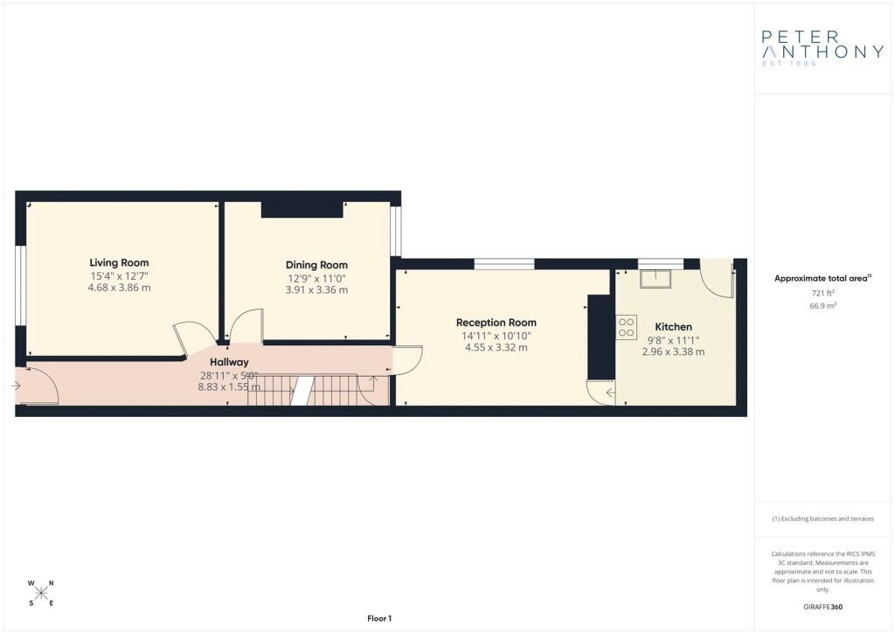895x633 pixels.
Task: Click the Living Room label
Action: coord(119,262)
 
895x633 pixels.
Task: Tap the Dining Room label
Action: coord(316,265)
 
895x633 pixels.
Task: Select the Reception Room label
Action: coord(496,323)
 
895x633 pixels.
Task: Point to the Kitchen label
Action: coord(674,327)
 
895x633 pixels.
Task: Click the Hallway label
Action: coord(229,362)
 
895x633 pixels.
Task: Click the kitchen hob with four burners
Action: coord(626,328)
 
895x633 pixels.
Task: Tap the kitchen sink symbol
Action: coord(656,279)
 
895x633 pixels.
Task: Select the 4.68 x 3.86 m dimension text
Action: coord(119,288)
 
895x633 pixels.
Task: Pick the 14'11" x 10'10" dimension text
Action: coord(496,337)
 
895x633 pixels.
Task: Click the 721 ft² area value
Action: coord(822,294)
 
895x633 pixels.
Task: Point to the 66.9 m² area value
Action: coord(822,306)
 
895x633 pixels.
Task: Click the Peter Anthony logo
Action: coord(822,48)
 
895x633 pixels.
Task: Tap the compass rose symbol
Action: coord(41,593)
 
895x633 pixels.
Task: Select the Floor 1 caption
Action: coord(379,618)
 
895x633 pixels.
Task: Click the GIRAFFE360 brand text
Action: coord(822,607)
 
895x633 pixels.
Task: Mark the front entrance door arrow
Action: coord(16,386)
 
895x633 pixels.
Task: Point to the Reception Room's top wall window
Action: coord(504,264)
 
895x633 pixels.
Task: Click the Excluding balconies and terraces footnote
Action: coord(822,518)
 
